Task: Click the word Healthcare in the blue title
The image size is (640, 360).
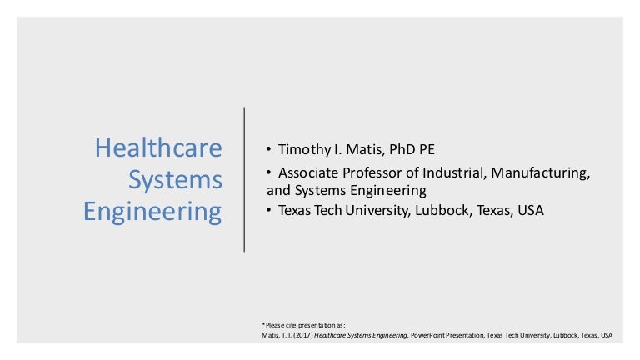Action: point(158,148)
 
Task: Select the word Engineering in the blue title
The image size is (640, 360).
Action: point(152,212)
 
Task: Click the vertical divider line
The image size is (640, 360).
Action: point(244,178)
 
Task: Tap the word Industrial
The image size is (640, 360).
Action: point(456,173)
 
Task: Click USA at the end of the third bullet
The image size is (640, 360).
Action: point(530,211)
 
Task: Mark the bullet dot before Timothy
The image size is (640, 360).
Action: point(269,149)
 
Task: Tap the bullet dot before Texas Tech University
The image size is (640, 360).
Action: point(269,211)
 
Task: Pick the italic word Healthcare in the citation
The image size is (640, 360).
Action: point(329,335)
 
